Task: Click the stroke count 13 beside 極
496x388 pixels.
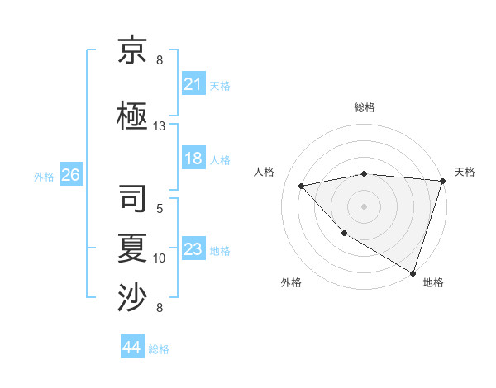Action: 160,126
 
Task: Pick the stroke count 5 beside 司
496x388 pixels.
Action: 160,209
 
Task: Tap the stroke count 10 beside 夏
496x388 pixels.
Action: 160,258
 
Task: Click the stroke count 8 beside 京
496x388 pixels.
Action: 160,60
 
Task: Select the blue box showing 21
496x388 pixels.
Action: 193,84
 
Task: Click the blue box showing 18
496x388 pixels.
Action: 193,159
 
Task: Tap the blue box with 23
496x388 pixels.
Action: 193,249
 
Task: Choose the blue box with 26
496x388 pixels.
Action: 70,175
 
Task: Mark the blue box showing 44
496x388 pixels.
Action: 131,348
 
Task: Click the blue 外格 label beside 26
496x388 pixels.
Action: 44,176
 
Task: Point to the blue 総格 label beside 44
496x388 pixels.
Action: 159,349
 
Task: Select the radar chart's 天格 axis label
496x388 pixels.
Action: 465,172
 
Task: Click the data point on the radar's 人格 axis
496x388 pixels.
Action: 302,186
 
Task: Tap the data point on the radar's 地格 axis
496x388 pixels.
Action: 413,272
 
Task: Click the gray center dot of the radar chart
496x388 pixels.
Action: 364,206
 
